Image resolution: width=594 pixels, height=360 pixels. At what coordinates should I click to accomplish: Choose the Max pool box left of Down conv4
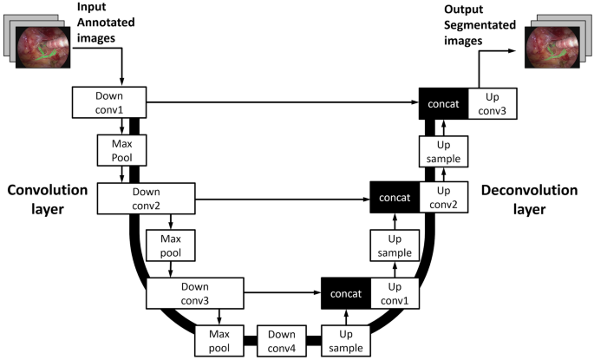(x=222, y=340)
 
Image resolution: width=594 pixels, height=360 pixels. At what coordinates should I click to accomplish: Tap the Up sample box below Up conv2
(x=394, y=245)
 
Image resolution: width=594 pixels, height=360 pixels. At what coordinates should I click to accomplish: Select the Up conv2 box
(x=443, y=198)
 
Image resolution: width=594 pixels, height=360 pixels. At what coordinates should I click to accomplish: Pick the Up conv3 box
(x=493, y=102)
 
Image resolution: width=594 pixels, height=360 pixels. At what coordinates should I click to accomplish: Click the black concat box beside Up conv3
(x=444, y=102)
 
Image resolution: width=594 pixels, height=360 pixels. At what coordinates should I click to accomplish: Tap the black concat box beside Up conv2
(x=395, y=198)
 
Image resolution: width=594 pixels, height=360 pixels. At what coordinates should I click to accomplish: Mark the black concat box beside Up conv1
(x=346, y=293)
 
